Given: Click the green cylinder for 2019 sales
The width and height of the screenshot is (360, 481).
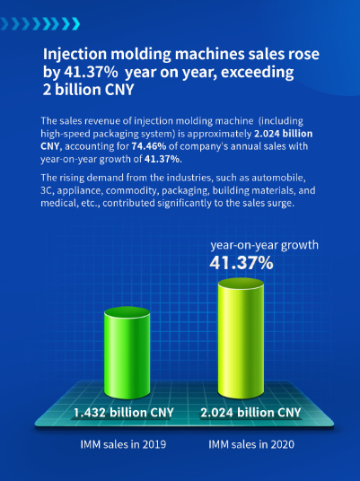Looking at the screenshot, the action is [127, 353].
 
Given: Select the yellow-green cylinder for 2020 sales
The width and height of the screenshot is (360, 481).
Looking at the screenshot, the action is [241, 338].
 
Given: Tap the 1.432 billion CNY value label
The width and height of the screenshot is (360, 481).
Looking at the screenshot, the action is [124, 413].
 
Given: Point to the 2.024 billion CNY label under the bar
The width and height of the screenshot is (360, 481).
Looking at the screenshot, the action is [250, 413].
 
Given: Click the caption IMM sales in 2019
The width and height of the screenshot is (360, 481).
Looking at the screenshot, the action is [123, 444].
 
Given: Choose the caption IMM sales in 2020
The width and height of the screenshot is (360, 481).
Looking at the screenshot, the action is [251, 444].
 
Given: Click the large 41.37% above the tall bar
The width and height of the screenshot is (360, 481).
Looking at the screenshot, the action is [241, 263].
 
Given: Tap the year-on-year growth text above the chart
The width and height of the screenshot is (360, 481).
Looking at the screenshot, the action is [264, 245].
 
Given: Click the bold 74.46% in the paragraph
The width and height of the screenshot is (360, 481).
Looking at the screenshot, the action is [149, 146].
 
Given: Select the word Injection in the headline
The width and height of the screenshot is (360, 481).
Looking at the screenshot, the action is [75, 55].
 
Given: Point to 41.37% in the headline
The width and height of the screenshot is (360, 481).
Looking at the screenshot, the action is [91, 72].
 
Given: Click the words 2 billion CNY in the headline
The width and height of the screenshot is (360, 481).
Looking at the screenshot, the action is [88, 90].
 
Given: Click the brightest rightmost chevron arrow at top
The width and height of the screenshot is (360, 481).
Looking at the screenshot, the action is [75, 24].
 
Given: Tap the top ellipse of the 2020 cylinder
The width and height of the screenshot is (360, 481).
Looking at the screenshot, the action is [241, 284].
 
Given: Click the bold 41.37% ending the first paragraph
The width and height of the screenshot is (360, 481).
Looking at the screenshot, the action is [162, 159].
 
